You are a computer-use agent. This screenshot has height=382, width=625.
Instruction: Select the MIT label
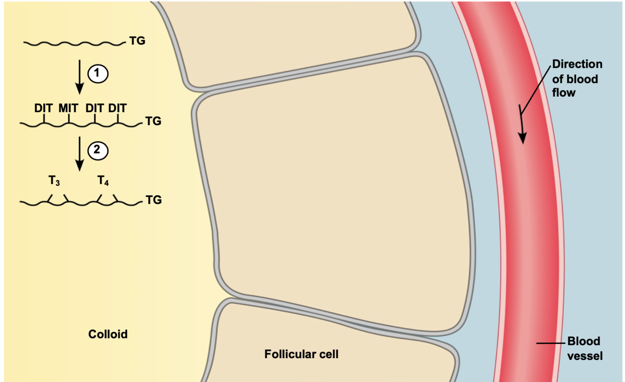[x=68, y=108]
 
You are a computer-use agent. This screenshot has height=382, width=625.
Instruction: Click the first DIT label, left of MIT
[x=43, y=108]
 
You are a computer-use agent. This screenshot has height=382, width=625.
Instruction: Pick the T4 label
[x=104, y=181]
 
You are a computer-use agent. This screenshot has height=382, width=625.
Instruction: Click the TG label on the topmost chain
[x=137, y=41]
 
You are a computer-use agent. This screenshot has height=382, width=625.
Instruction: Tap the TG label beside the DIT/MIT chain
[x=153, y=122]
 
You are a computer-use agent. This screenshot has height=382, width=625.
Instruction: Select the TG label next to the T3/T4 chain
[x=153, y=200]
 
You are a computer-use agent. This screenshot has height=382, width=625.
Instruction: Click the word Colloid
[x=108, y=335]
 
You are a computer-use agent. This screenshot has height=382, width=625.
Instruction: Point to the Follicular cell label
[x=301, y=354]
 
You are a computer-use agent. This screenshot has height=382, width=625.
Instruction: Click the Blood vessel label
[x=584, y=348]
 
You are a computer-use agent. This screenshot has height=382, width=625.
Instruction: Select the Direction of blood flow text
[x=577, y=78]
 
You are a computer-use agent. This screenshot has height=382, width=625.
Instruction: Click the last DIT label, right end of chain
[x=118, y=108]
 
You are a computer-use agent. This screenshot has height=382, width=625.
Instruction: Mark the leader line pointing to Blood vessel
[x=551, y=344]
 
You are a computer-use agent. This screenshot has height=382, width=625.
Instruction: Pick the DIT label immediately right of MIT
[x=94, y=108]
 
